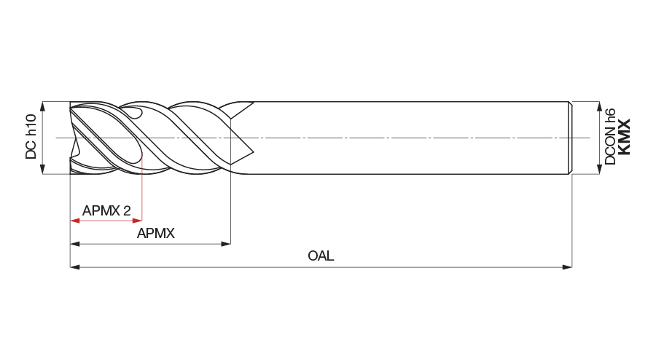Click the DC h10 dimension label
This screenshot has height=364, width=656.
[31, 137]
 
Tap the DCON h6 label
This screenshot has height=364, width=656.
[610, 137]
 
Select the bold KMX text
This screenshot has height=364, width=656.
[624, 137]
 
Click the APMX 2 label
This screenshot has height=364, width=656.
[106, 210]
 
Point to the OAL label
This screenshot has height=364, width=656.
[321, 256]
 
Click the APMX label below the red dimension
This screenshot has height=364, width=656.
[156, 233]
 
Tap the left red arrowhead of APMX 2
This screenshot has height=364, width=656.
[75, 221]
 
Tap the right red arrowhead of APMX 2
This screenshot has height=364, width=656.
[137, 221]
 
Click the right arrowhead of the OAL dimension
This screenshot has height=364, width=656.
[567, 266]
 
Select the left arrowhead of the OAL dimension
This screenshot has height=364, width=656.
[75, 266]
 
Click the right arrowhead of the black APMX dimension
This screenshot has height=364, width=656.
[225, 244]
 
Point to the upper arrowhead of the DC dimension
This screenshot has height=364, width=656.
[42, 106]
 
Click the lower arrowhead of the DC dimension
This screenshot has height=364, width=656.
[42, 169]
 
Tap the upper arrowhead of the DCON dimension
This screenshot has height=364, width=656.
[600, 106]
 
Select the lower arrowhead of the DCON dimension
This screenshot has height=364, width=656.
[600, 169]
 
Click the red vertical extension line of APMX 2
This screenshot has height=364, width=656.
[142, 187]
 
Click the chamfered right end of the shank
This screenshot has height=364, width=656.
[570, 138]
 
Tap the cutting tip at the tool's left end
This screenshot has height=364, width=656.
[74, 138]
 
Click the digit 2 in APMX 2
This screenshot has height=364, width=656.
[127, 210]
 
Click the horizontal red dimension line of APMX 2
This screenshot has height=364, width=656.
[106, 221]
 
